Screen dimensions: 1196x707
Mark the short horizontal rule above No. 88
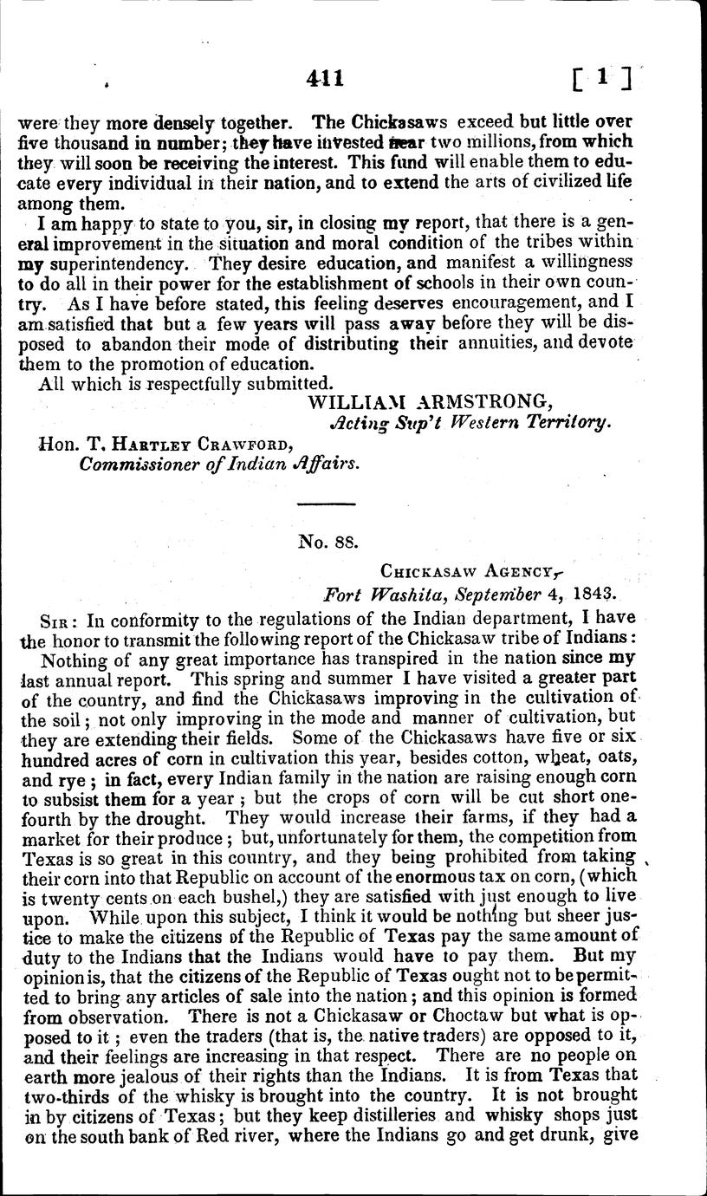coord(326,504)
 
